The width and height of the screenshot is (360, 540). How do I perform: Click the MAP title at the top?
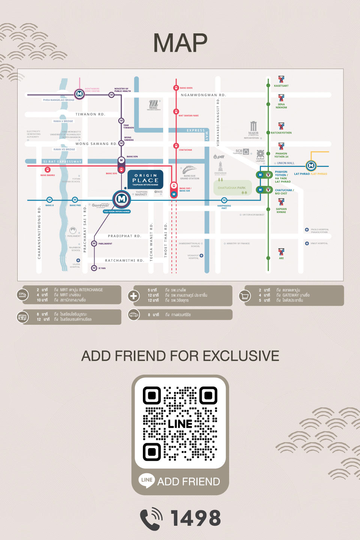click(180, 43)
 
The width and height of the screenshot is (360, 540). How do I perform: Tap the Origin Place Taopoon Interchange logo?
click(145, 180)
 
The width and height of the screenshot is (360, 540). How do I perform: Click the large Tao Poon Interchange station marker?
click(121, 199)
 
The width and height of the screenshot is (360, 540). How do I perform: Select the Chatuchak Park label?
click(232, 188)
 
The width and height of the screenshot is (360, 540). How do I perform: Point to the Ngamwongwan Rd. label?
click(203, 95)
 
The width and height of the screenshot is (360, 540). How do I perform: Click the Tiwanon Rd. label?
click(90, 114)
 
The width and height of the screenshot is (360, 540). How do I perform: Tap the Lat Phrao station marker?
click(311, 165)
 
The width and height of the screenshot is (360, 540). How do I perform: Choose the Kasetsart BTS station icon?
click(281, 79)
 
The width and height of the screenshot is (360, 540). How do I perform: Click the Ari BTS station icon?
click(281, 252)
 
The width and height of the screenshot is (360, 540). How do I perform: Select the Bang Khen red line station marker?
click(176, 88)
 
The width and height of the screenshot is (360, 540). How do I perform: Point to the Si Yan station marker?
click(94, 268)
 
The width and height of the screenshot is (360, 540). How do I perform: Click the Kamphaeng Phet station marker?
click(224, 200)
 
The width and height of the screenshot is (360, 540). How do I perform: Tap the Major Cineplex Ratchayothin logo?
click(253, 128)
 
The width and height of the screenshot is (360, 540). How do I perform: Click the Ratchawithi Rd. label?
click(124, 260)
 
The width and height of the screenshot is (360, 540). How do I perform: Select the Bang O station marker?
click(49, 199)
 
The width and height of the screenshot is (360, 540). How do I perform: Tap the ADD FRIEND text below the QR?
click(188, 481)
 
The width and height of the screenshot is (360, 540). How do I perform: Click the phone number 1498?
click(195, 518)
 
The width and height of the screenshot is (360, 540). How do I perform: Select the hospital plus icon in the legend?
click(133, 296)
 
